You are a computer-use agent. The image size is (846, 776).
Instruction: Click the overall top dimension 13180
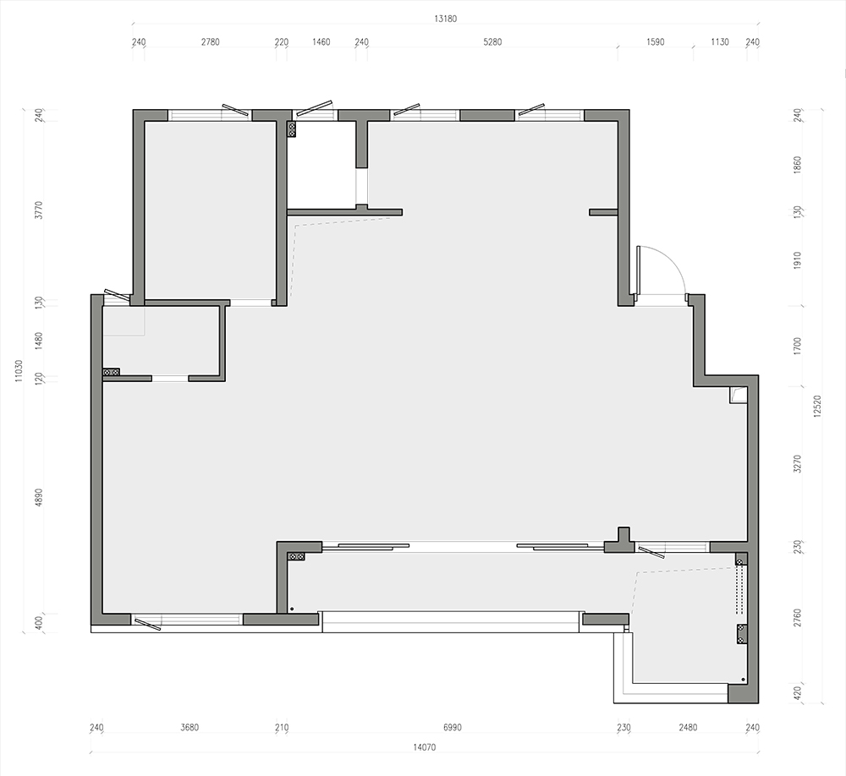[x=446, y=19]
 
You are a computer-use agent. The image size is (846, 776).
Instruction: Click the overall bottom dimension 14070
[x=425, y=747]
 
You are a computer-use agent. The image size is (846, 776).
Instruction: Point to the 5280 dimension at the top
[x=492, y=42]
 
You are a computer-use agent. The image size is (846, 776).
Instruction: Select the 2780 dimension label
[x=211, y=42]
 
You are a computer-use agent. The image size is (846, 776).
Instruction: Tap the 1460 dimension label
[x=321, y=42]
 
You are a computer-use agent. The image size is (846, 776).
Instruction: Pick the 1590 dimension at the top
[x=656, y=42]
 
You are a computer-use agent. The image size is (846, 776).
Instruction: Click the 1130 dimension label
[x=720, y=42]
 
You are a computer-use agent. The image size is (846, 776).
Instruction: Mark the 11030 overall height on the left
[x=19, y=371]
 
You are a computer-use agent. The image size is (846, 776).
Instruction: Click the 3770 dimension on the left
[x=38, y=210]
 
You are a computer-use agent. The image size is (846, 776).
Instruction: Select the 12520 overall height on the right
[x=817, y=406]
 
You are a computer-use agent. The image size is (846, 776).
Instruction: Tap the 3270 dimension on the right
[x=798, y=464]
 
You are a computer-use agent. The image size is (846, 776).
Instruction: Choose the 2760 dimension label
[x=798, y=618]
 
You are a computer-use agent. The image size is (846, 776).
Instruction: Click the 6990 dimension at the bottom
[x=453, y=728]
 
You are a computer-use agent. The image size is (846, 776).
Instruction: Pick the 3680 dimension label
[x=190, y=728]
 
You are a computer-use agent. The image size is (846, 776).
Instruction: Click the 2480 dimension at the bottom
[x=688, y=728]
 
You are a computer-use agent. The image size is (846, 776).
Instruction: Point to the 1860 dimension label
[x=798, y=165]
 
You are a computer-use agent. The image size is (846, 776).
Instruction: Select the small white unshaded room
[x=321, y=165]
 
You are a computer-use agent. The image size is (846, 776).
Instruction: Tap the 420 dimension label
[x=798, y=691]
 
